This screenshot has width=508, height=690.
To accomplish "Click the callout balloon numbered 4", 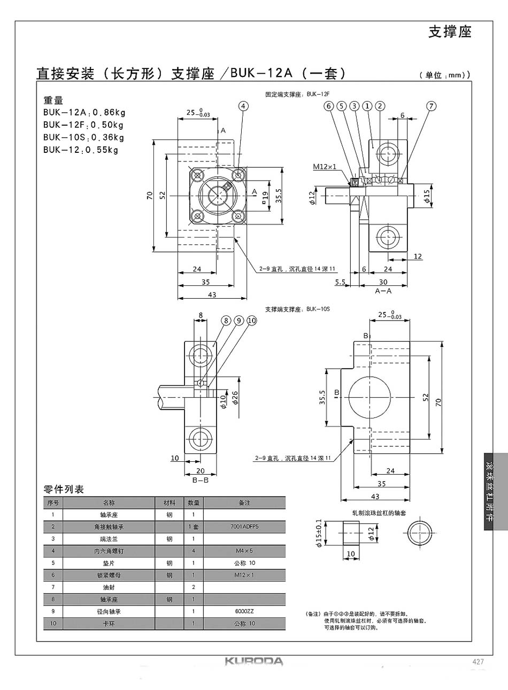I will click(244, 106).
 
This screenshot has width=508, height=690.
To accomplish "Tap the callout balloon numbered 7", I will click(431, 106).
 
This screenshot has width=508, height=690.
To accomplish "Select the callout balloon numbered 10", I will click(251, 320).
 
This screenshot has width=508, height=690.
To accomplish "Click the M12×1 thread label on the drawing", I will click(325, 167).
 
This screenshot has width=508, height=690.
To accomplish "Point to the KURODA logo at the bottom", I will click(253, 662).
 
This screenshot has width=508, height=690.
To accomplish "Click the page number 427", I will click(478, 662).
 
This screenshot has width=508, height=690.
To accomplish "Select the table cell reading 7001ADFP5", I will click(244, 526).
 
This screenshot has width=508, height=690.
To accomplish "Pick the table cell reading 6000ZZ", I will click(244, 611).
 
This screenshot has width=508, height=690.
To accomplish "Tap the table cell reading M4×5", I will click(244, 551).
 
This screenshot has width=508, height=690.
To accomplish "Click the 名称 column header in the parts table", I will click(109, 503).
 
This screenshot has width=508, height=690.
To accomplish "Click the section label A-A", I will click(383, 291).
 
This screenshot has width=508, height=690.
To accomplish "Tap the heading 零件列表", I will click(64, 489).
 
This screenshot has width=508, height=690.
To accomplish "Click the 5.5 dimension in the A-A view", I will click(340, 282).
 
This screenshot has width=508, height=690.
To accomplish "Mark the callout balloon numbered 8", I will click(226, 320).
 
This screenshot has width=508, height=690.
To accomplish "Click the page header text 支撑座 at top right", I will click(450, 32).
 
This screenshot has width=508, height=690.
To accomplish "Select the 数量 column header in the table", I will click(193, 503).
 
